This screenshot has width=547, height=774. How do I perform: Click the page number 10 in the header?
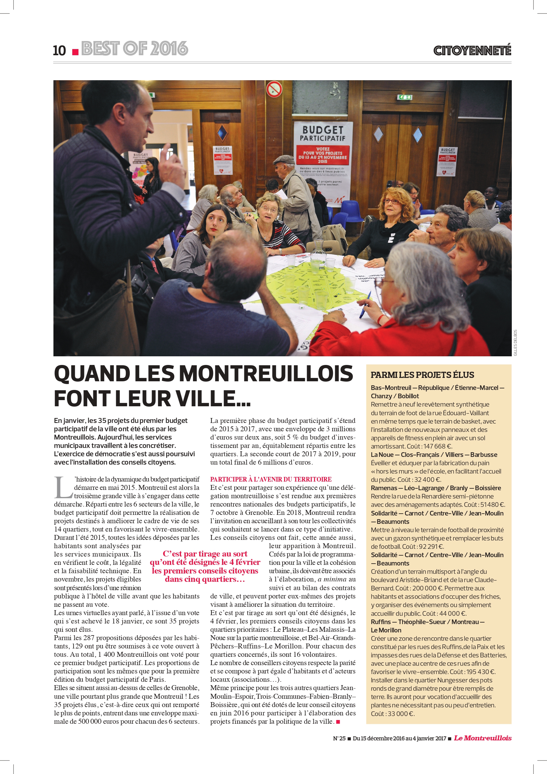[x=59, y=51]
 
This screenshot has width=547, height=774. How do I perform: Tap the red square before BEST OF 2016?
[x=76, y=52]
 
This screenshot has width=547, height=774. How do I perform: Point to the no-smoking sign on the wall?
[x=274, y=89]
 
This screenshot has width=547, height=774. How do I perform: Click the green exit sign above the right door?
[x=405, y=97]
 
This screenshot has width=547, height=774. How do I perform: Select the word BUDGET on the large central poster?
[x=322, y=130]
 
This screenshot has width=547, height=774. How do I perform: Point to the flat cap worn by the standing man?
[x=284, y=159]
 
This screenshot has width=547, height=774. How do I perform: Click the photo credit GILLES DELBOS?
[x=515, y=342]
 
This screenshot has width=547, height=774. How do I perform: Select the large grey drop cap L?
[x=63, y=487]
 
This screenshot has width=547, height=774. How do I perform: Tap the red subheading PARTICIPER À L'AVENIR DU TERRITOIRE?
[x=271, y=479]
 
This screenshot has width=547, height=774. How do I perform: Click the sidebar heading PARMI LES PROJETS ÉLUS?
[x=422, y=375]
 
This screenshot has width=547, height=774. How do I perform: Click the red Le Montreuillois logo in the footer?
[x=482, y=738]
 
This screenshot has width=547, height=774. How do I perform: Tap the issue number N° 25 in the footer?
[x=339, y=738]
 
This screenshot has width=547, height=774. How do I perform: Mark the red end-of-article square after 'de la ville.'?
[x=338, y=722]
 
